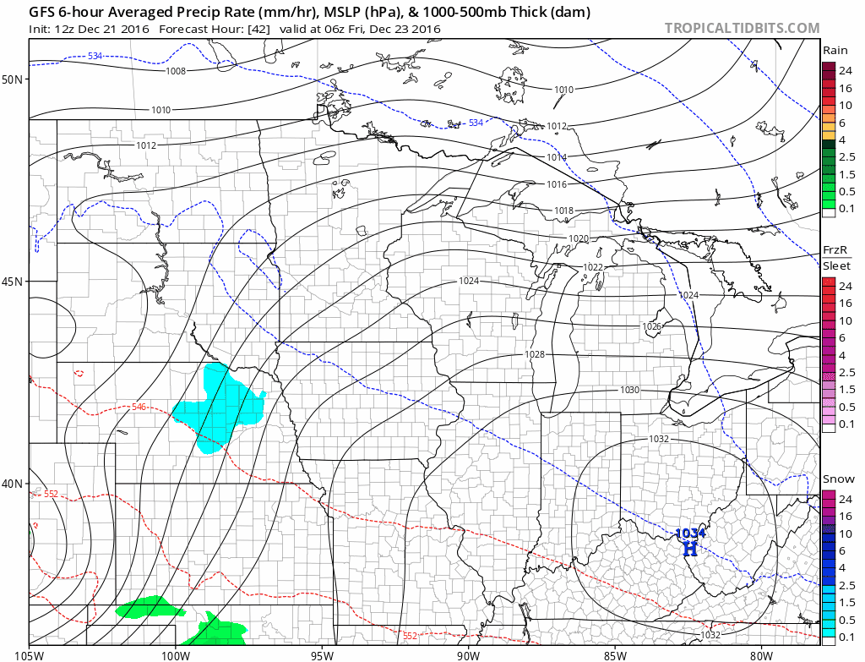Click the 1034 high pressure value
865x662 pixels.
(690, 533)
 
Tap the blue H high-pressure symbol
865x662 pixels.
(690, 548)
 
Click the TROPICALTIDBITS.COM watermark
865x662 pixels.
(742, 28)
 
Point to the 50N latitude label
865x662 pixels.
(14, 79)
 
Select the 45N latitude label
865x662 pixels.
(14, 282)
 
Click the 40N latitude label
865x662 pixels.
(14, 484)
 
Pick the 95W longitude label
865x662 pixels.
(323, 654)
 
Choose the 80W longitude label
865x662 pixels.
(761, 654)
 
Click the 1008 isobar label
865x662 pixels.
(176, 71)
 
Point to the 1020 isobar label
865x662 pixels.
(578, 238)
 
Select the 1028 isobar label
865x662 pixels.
(534, 354)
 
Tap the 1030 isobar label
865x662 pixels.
(629, 390)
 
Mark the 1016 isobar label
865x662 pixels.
(556, 184)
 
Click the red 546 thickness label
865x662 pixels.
(139, 408)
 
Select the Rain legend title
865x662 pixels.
(835, 51)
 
